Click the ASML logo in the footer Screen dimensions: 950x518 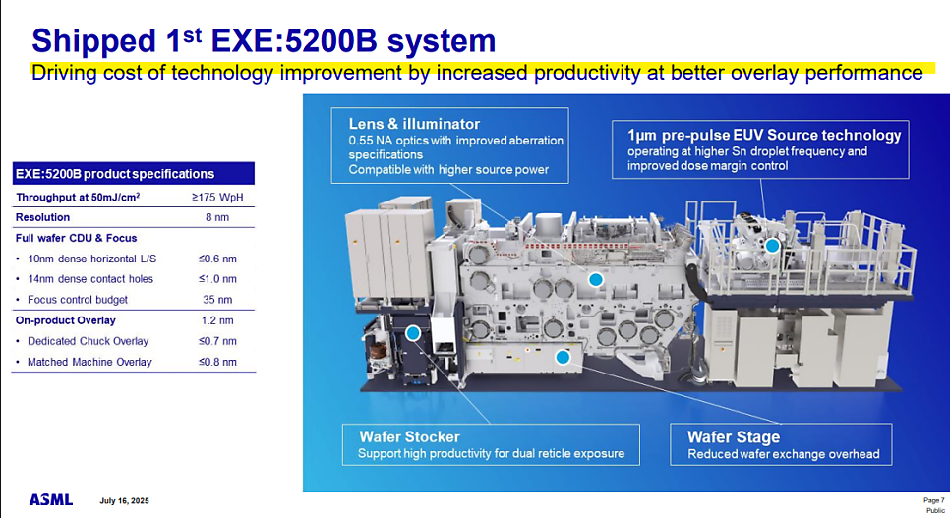(51, 500)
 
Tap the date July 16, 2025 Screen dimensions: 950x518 (124, 501)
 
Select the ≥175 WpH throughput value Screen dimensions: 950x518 (217, 197)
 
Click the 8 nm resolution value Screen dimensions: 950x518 (217, 217)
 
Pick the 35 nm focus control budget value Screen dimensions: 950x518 (217, 299)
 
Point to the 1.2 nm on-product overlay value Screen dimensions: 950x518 (217, 320)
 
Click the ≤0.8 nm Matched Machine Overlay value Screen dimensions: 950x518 (217, 362)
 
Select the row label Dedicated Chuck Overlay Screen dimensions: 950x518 (88, 341)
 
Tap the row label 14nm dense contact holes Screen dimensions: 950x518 (90, 279)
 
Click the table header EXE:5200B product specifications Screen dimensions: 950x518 (115, 174)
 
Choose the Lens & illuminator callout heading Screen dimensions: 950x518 (414, 124)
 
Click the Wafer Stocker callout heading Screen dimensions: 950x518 (409, 436)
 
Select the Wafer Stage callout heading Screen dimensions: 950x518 (734, 436)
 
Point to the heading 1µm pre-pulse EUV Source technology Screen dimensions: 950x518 (764, 135)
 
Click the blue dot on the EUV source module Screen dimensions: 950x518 (772, 246)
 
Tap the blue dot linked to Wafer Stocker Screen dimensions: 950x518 (413, 333)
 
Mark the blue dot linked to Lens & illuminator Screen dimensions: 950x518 (596, 279)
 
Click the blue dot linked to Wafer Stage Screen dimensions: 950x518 (563, 357)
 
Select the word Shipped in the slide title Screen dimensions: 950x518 (93, 41)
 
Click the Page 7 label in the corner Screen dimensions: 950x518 (933, 500)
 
